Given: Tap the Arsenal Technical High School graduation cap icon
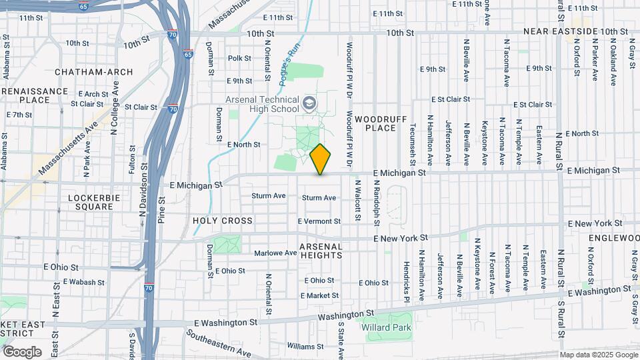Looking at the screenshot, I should [x=309, y=103].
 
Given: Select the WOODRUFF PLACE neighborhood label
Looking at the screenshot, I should [x=376, y=123].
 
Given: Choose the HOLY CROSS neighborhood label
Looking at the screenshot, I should [x=223, y=221].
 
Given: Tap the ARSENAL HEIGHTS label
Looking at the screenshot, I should [x=321, y=251].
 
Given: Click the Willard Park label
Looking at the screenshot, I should [x=387, y=327].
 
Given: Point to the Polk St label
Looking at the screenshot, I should [x=239, y=58].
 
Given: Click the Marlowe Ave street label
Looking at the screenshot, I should [x=275, y=253].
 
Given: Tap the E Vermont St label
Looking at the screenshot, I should [x=319, y=221].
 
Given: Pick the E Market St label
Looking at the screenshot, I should [x=319, y=295].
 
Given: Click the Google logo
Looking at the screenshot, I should [x=21, y=352].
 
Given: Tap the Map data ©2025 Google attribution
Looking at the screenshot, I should [x=598, y=355].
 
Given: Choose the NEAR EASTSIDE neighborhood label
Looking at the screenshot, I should [x=560, y=31].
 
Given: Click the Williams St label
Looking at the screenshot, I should [x=305, y=347].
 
